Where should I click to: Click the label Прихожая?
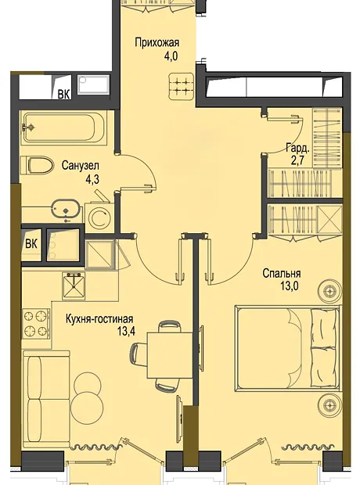point(157,42)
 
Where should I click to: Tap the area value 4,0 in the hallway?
point(171,56)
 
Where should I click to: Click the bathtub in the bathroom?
point(63,128)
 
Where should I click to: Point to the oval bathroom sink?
point(66,210)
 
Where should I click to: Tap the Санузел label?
point(81,166)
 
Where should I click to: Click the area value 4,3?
point(92,179)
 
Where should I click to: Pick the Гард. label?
point(297,149)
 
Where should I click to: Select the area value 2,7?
point(299,162)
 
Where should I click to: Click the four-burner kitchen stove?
point(36,323)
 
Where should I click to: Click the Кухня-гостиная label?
point(99,319)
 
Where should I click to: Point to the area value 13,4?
point(126,332)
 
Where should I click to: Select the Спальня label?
point(282,273)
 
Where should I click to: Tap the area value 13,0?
point(290,286)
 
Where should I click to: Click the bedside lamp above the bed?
point(329,291)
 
